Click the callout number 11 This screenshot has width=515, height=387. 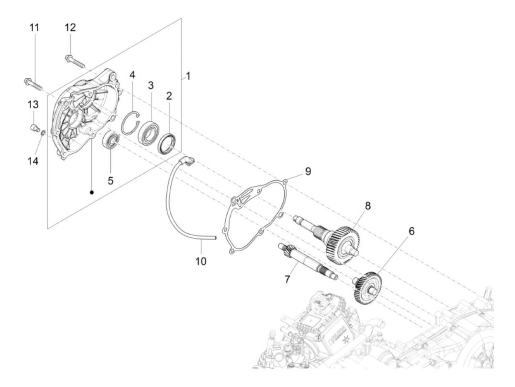[x=34, y=28]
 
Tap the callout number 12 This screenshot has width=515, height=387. [x=70, y=28]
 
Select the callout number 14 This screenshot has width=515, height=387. [x=33, y=161]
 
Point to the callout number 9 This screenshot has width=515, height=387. [x=308, y=171]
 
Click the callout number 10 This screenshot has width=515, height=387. [x=201, y=261]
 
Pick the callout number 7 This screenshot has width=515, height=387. [x=287, y=279]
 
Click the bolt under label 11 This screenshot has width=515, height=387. [x=33, y=82]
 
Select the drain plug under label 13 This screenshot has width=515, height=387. [x=34, y=128]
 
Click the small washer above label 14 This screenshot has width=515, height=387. [x=43, y=133]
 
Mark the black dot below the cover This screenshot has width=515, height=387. [x=92, y=192]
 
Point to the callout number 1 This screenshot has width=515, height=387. [x=188, y=77]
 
